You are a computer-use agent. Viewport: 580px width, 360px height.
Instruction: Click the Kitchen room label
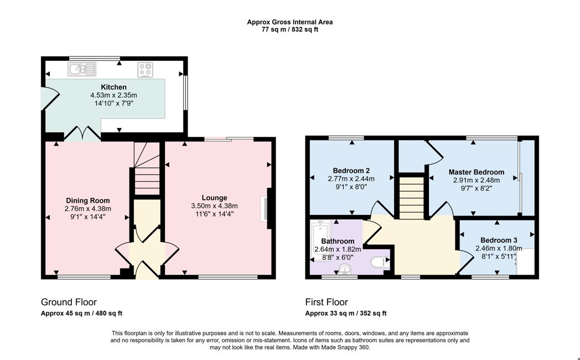click(x=113, y=87)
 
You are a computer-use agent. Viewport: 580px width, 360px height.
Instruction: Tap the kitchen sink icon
click(x=82, y=69)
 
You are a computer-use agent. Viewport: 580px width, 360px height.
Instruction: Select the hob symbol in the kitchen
click(x=146, y=70)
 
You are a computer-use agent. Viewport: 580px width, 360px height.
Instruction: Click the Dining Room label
click(x=88, y=200)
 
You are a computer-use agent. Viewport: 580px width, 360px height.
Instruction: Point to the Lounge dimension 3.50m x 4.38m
click(x=215, y=205)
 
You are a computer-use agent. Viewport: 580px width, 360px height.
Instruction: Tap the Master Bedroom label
click(x=477, y=172)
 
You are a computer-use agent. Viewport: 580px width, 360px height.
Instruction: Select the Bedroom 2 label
click(x=351, y=171)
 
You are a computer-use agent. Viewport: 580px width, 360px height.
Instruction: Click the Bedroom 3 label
click(x=499, y=240)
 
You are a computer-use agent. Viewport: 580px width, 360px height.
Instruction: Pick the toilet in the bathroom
click(x=380, y=263)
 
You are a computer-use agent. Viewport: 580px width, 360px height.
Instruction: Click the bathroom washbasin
click(x=345, y=269)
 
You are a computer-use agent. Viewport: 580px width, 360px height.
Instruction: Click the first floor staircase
click(x=411, y=198)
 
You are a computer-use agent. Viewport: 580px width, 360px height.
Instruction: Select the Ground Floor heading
click(x=69, y=302)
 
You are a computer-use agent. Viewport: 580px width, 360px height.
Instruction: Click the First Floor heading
click(x=327, y=302)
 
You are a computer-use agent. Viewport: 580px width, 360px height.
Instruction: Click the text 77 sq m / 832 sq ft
click(x=290, y=29)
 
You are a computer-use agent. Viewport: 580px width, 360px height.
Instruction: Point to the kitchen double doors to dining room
click(x=82, y=133)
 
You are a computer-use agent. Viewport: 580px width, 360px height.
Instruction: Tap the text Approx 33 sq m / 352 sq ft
click(x=346, y=313)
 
